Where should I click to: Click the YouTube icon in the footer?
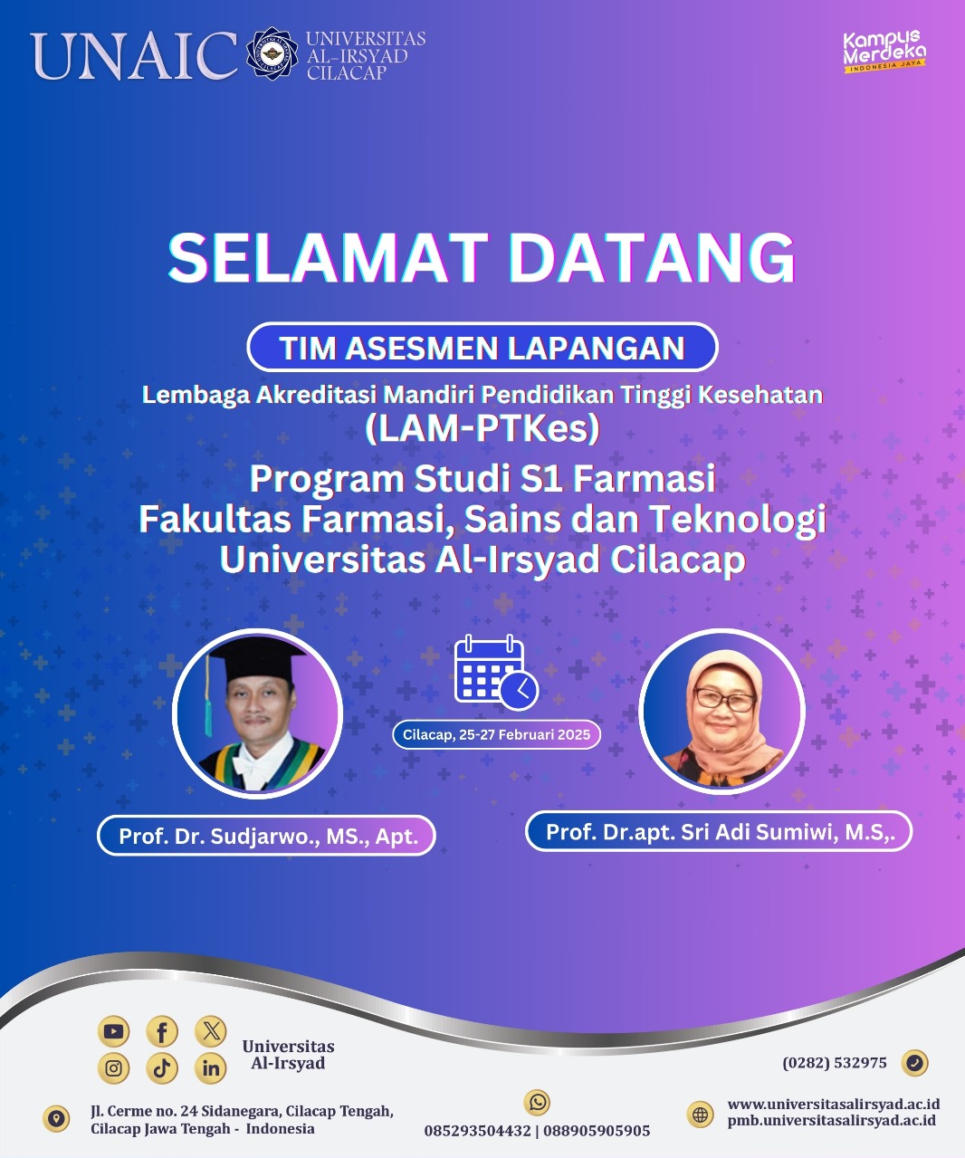click(x=113, y=1031)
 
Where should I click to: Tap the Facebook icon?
click(x=162, y=1031)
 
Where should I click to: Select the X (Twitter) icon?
click(x=211, y=1031)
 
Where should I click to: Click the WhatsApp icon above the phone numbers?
click(x=537, y=1102)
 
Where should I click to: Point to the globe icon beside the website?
click(x=701, y=1115)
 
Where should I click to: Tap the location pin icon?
click(x=56, y=1118)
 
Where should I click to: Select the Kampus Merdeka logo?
click(x=884, y=52)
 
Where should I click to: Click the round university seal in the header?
click(x=272, y=53)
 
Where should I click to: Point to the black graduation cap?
click(x=256, y=659)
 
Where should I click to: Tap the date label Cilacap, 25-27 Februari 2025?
click(x=496, y=735)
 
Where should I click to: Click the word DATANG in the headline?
click(x=652, y=258)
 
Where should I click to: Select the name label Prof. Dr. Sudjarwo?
click(x=266, y=836)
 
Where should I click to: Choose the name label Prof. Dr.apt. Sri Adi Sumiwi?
click(x=719, y=831)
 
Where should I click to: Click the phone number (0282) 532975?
click(x=835, y=1063)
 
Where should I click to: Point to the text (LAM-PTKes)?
click(x=482, y=428)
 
